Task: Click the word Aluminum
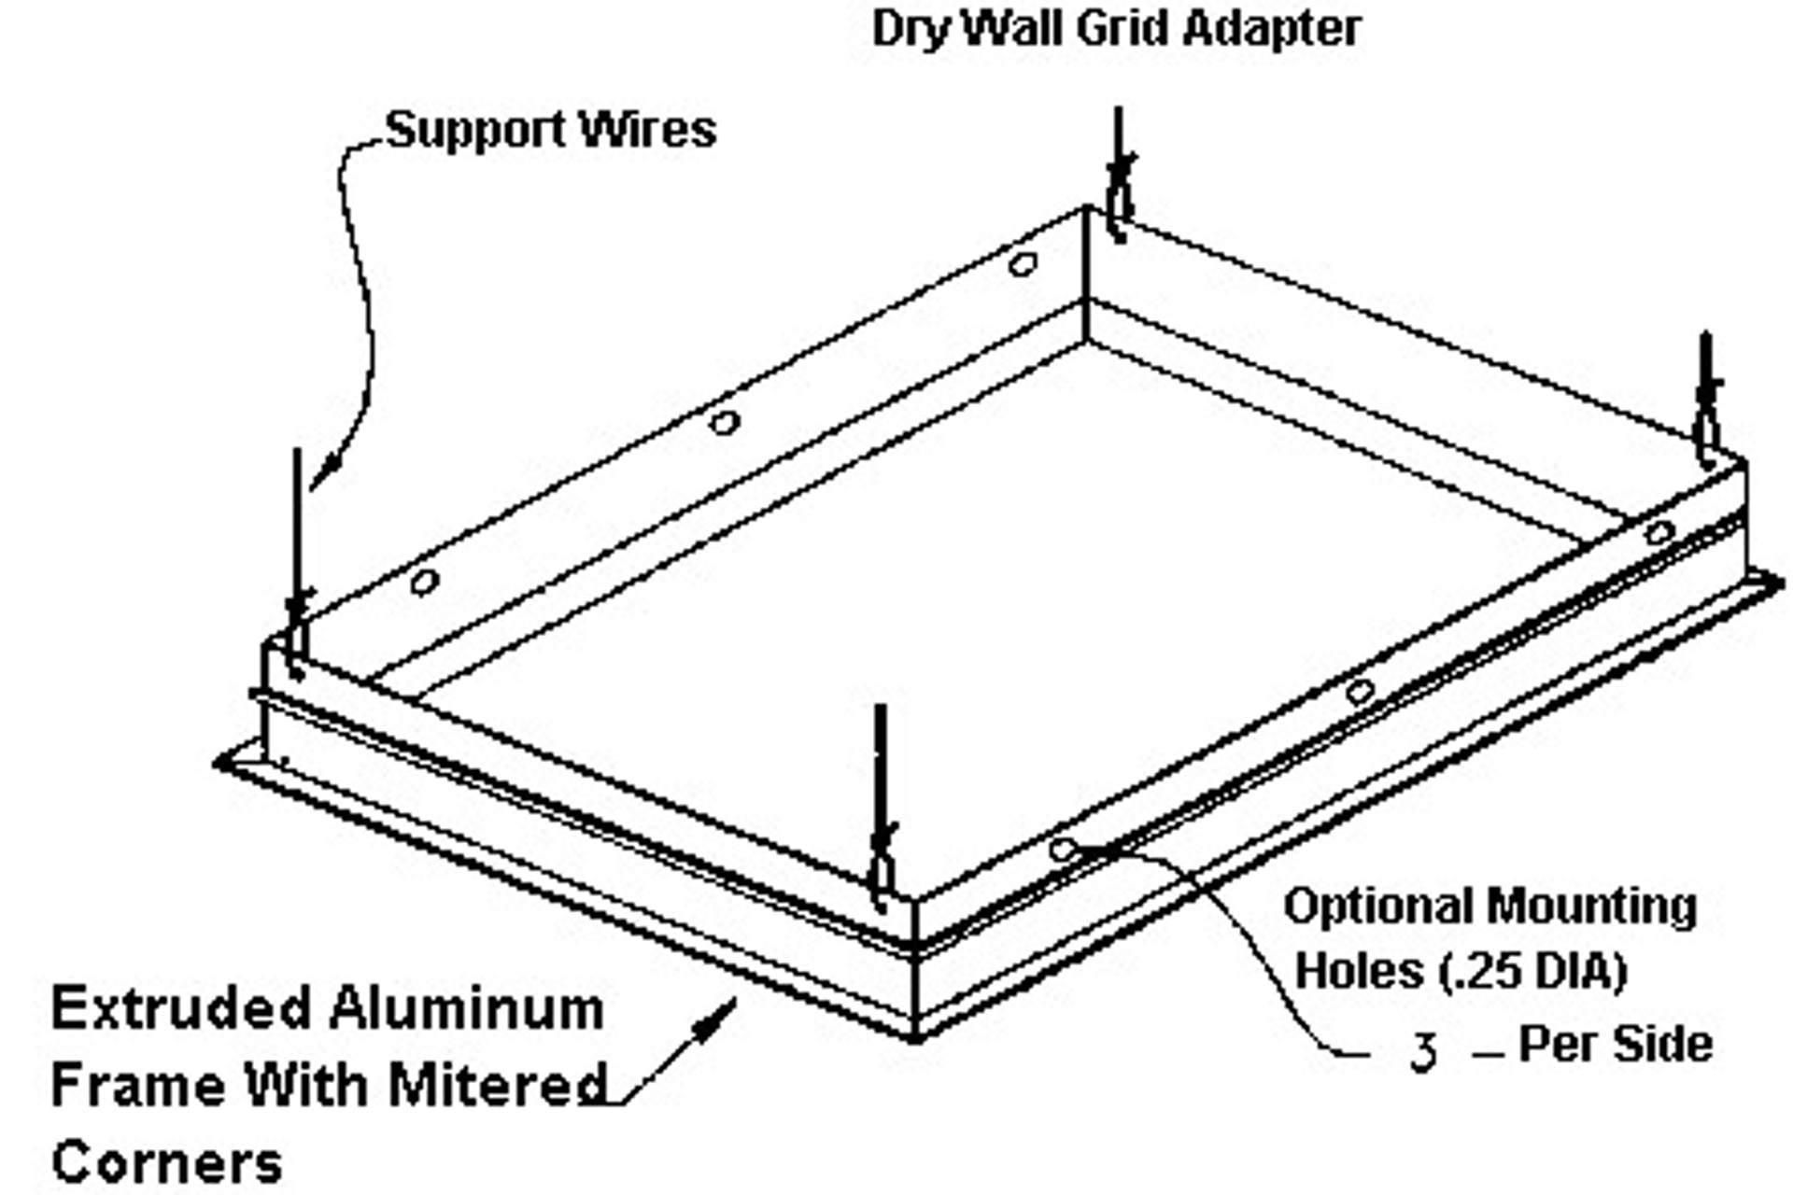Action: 466,1009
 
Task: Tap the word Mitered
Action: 497,1085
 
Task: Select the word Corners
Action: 166,1162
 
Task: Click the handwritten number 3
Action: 1422,1051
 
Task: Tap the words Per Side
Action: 1616,1044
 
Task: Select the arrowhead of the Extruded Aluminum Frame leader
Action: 720,1016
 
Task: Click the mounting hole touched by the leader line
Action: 1062,850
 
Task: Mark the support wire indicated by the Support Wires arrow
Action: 297,560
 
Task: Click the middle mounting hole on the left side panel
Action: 724,423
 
